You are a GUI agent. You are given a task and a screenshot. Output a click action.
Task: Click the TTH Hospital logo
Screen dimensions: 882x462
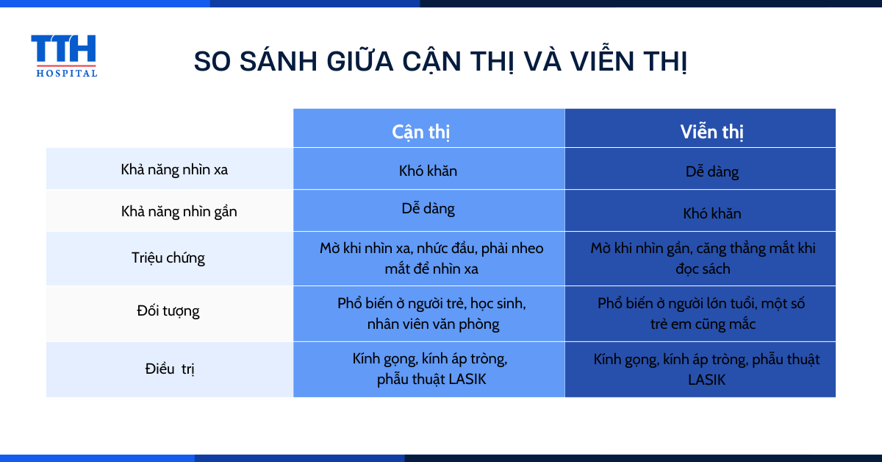coord(64,56)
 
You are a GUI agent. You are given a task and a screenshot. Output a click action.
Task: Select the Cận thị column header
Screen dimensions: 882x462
coord(420,132)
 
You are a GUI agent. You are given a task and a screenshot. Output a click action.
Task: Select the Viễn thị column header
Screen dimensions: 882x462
coord(712,131)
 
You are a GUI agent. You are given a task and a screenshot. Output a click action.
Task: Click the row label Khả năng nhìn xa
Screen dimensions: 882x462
coord(174,169)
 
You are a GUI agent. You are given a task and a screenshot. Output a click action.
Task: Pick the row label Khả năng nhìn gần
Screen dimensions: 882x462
coord(179,212)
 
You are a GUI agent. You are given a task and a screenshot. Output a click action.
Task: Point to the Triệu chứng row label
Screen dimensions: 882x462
coord(168,257)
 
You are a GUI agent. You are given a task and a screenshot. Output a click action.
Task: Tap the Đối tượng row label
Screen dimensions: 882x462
coord(168,311)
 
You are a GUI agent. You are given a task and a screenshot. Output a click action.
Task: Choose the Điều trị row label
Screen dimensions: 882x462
coord(170,369)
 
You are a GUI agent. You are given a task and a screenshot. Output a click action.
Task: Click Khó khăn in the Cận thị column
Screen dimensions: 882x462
coord(428,171)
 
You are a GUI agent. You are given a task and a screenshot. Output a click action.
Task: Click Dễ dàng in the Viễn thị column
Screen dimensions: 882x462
coord(712,172)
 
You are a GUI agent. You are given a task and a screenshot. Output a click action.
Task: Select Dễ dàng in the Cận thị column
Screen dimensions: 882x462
coord(428,208)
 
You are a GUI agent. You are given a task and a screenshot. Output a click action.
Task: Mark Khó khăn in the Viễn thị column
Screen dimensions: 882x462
coord(712,213)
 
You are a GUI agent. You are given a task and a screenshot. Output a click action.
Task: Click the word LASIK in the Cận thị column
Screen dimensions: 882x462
coord(467,379)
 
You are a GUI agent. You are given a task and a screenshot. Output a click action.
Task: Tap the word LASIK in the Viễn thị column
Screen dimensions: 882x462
coord(706,380)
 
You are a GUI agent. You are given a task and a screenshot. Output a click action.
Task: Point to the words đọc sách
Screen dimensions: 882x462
coord(703,269)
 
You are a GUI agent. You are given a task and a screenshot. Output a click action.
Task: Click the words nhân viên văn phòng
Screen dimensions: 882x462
coord(433,324)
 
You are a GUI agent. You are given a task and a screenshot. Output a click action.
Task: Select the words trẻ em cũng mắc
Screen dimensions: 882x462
coord(703,324)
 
